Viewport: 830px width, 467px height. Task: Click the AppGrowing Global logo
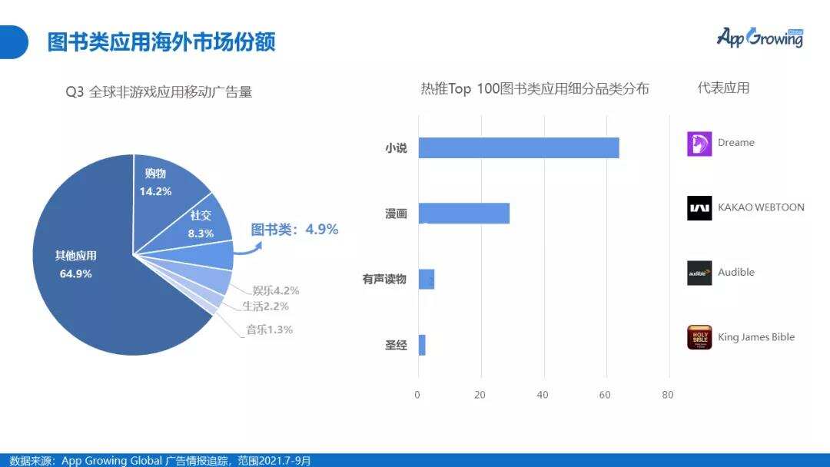759,38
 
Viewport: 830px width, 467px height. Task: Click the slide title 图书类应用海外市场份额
161,41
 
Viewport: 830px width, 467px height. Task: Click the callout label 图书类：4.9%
294,229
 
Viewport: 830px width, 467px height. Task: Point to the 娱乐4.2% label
275,290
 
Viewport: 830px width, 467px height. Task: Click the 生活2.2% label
265,306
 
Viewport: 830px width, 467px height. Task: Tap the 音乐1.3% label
269,330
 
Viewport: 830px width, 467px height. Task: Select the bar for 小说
518,147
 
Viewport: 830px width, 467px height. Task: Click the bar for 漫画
463,214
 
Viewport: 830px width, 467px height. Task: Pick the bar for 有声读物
426,279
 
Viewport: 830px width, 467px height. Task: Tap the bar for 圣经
421,345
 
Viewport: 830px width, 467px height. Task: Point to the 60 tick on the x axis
606,395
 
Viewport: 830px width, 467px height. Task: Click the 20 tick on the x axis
480,395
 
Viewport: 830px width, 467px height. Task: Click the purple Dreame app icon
699,144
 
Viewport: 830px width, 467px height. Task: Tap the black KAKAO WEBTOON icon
699,208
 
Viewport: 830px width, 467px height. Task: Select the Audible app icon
699,273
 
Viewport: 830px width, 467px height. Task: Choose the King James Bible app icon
699,337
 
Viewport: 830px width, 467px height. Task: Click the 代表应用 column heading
723,88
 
